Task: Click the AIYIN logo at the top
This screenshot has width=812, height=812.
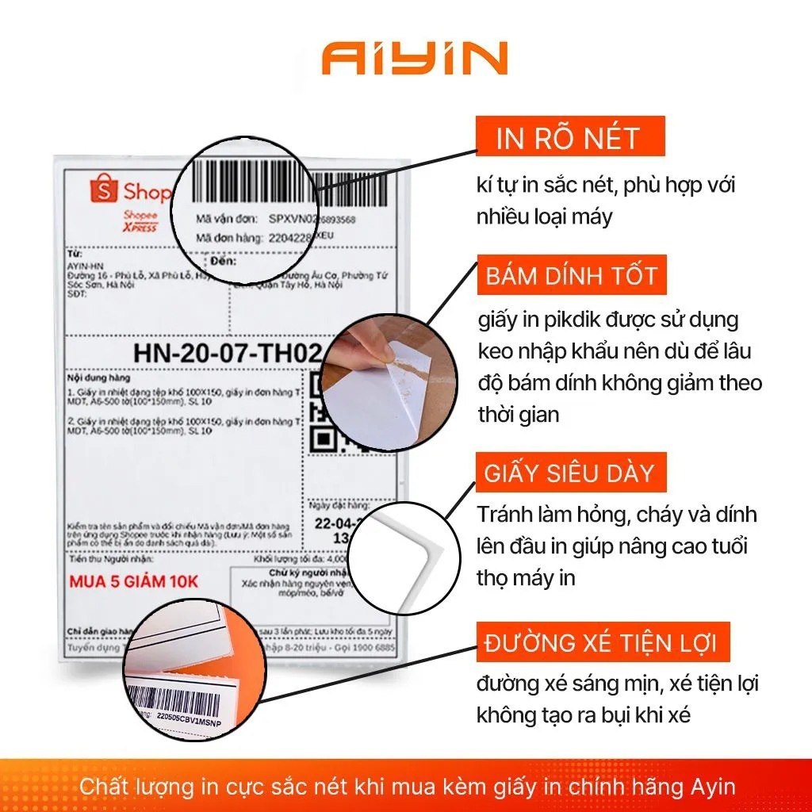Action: [415, 60]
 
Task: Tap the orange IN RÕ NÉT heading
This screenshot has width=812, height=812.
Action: [568, 138]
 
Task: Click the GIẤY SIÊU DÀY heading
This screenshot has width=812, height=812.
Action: [570, 473]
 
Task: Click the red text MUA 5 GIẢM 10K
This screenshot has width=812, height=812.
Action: [134, 582]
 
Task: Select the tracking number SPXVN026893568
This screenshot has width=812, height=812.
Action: [312, 219]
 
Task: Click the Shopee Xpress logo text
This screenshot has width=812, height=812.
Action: [140, 222]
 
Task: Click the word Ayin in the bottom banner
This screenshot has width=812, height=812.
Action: [713, 787]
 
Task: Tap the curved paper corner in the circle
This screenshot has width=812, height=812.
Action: [404, 547]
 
